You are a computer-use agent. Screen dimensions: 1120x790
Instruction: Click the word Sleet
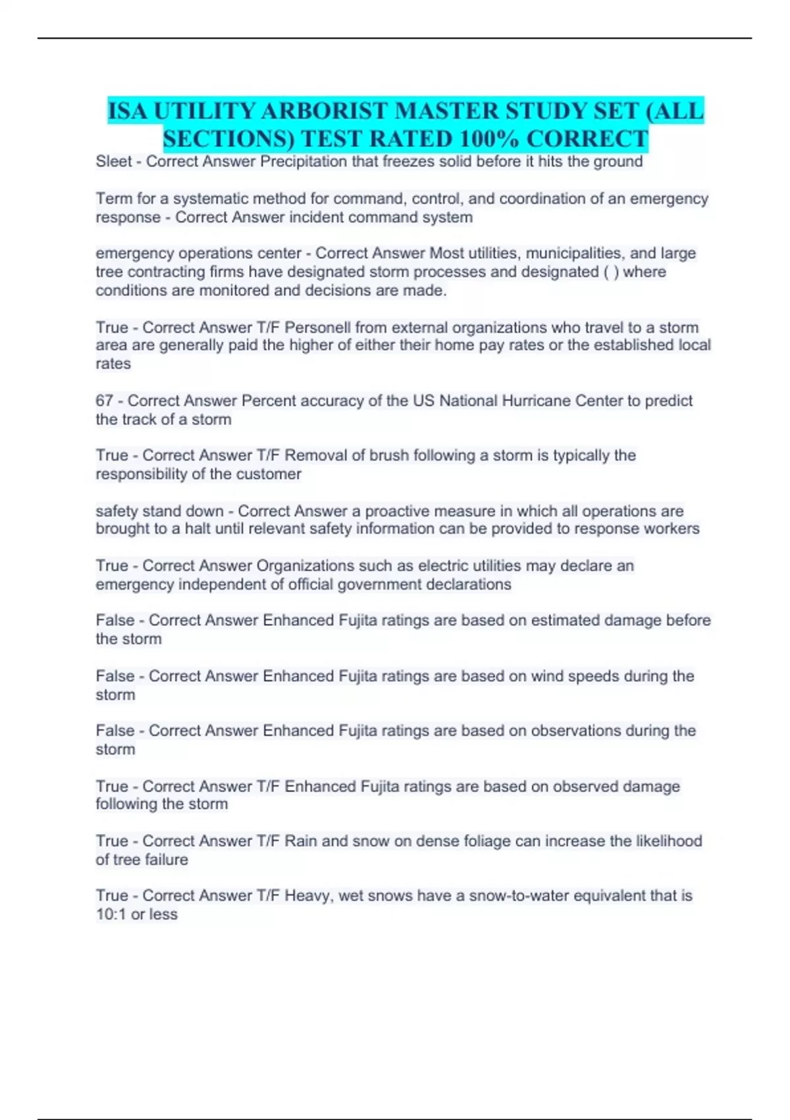pos(113,161)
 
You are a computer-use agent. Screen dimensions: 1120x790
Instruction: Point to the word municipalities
pos(571,253)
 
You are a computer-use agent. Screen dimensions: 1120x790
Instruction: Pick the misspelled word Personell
pos(319,327)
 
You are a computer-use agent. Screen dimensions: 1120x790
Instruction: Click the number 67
pos(105,401)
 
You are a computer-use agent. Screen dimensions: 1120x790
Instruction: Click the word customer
pos(269,474)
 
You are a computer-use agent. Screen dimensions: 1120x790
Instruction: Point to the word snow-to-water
pos(519,896)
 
